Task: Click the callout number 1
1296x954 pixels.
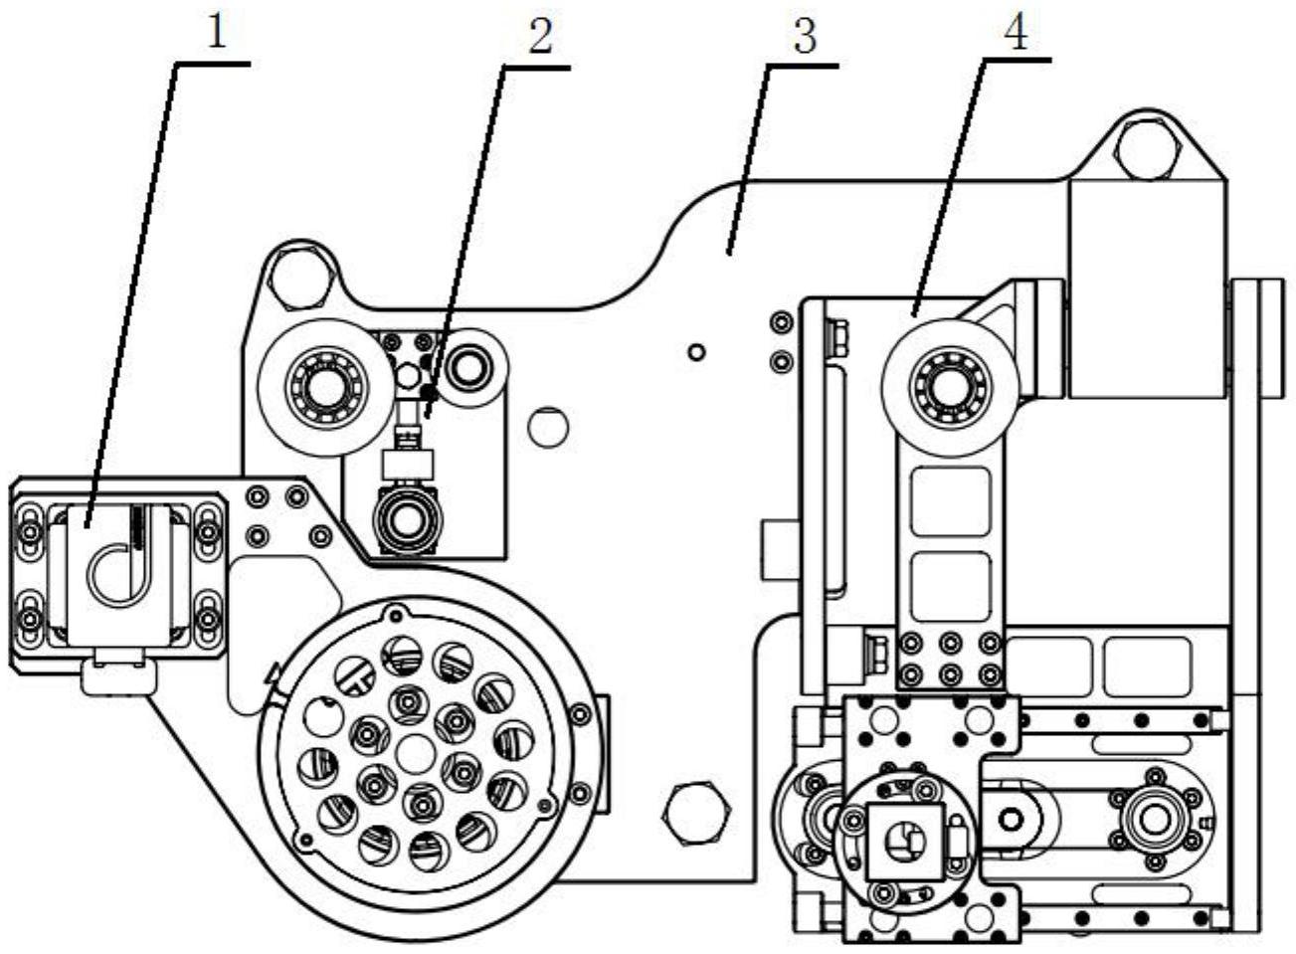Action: point(216,35)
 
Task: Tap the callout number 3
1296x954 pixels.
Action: point(804,38)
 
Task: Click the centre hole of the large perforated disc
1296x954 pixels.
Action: point(415,753)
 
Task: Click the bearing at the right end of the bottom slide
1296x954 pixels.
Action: point(1154,818)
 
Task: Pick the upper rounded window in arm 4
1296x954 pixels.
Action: point(951,503)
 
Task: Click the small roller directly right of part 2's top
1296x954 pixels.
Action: point(464,367)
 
